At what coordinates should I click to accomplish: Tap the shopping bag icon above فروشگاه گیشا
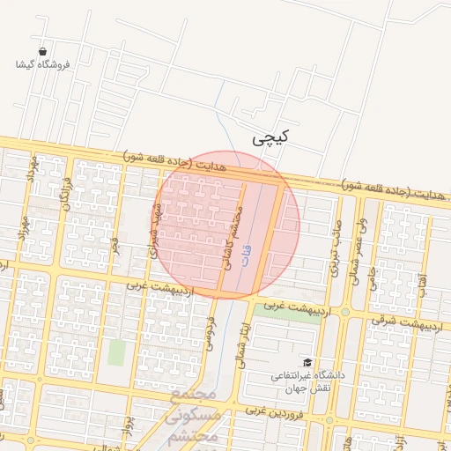pos(42,51)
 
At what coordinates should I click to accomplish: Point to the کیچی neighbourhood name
pos(270,138)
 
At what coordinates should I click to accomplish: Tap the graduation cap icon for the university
pos(307,362)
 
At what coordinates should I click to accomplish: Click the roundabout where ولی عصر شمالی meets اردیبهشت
pos(345,311)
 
